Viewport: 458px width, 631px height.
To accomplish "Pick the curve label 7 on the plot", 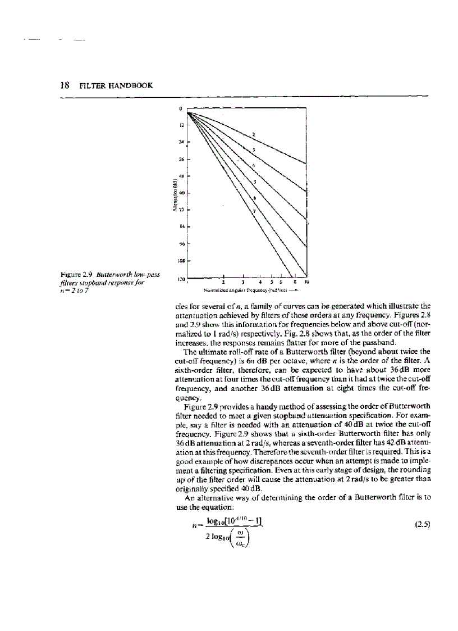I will (x=253, y=211).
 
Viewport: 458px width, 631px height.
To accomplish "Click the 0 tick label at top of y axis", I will (x=181, y=109).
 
